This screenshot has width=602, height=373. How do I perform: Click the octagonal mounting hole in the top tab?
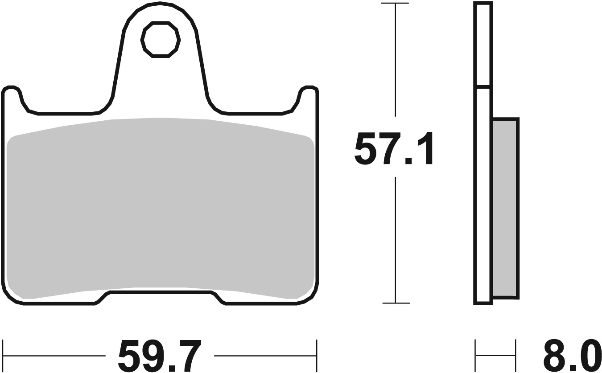[161, 40]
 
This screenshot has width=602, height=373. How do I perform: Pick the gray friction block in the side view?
[505, 208]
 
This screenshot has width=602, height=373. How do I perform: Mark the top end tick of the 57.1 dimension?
[395, 4]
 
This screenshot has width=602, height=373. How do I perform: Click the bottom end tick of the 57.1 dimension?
[396, 303]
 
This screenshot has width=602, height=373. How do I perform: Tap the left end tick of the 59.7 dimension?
[3, 355]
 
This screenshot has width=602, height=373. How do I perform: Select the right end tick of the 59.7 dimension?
[317, 355]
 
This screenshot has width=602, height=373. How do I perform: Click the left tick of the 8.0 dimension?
[476, 355]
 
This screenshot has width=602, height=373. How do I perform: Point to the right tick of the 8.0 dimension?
[516, 355]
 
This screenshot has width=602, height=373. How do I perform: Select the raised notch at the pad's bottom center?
[161, 293]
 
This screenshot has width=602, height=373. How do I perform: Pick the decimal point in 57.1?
[408, 160]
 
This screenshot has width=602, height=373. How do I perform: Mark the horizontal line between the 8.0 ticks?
[496, 356]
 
